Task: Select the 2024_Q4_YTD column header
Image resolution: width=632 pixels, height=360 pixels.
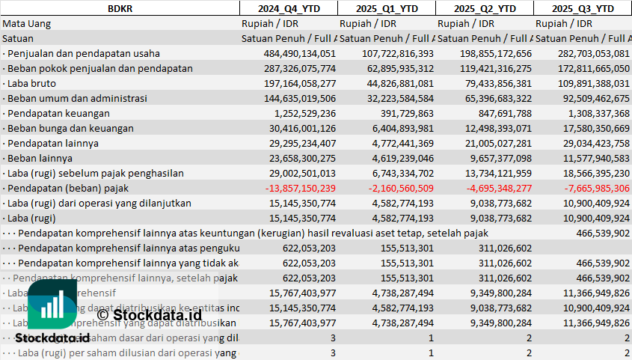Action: pos(288,8)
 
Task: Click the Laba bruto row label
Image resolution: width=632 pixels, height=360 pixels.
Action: pos(29,83)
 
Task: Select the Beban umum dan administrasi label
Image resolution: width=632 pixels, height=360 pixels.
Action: pos(75,98)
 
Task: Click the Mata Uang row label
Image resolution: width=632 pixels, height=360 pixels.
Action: pos(26,23)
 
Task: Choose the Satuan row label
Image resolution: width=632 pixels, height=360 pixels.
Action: pos(18,38)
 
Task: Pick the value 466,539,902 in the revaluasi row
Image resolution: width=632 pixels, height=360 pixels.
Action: pos(598,233)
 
